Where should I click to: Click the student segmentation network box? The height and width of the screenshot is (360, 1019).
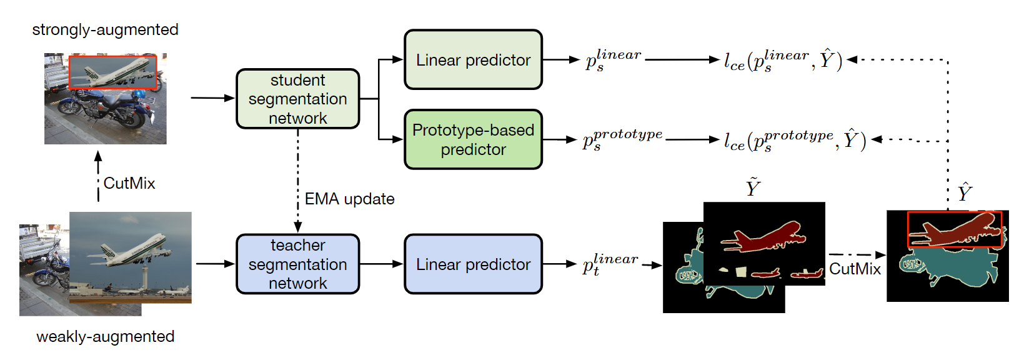[297, 99]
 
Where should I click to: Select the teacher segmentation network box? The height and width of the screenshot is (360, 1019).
[297, 264]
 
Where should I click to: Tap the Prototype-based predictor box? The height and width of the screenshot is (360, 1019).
[473, 139]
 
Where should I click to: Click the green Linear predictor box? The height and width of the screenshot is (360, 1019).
[473, 60]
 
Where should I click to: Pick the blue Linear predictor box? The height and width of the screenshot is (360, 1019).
[473, 264]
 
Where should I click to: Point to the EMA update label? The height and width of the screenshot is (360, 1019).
[349, 199]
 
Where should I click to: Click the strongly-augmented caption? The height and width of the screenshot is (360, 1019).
[105, 29]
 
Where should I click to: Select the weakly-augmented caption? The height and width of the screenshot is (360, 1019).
[105, 336]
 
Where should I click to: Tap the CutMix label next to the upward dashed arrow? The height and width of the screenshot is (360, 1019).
[129, 183]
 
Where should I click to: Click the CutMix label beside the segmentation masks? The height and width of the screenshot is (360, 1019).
[854, 269]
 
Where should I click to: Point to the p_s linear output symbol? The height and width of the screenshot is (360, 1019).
[612, 59]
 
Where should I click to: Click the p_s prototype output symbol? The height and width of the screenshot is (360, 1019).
[622, 140]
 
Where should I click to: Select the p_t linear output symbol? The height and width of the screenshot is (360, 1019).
[610, 264]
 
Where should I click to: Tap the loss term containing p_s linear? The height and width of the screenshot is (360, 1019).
[783, 60]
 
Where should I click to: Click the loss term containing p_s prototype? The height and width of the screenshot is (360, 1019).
[795, 140]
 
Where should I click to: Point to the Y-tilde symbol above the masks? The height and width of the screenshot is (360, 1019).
[753, 187]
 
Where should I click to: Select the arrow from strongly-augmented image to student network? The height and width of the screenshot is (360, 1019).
[212, 98]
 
